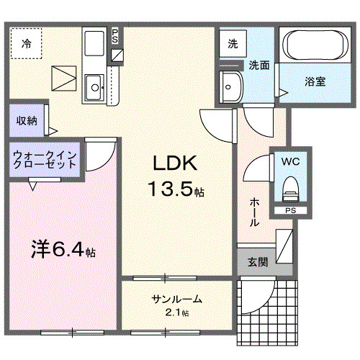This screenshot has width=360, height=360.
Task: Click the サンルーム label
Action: pos(176,299)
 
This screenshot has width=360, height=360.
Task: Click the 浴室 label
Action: pos(315,81)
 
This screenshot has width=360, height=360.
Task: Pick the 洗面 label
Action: pos(259,65)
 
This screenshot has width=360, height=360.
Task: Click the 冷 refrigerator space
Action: pos(27,42)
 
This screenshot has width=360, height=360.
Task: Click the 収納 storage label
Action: pos(27,121)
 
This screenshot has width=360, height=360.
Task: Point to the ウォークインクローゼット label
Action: pos(45,158)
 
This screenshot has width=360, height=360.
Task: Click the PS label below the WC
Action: pos(290,211)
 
